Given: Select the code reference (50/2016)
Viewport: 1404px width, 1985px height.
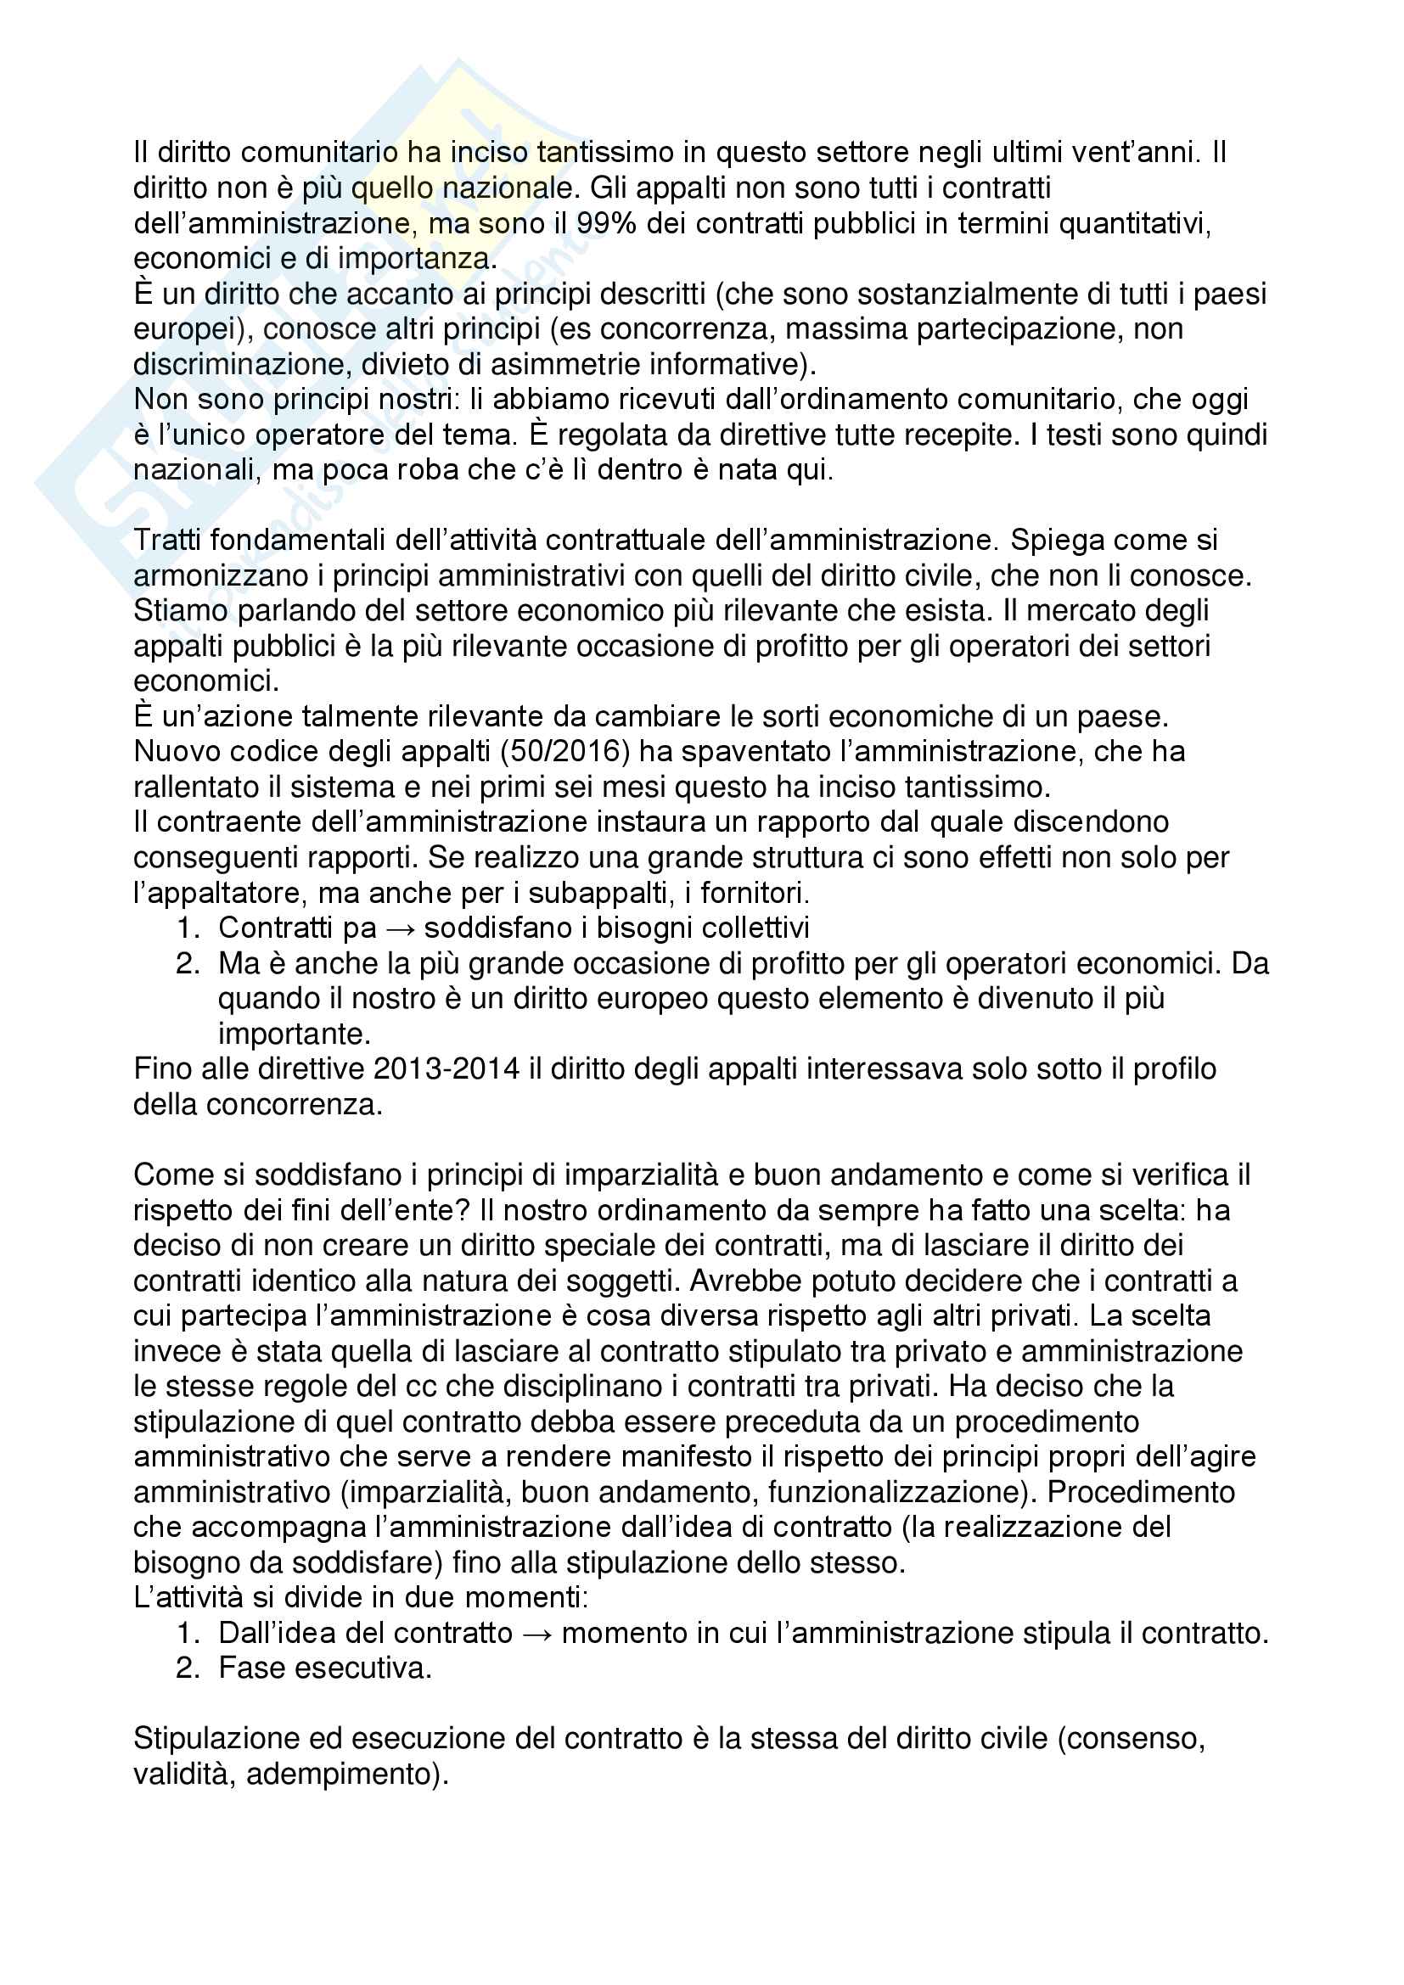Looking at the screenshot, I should pyautogui.click(x=564, y=751).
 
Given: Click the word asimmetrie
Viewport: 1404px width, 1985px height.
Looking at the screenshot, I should pyautogui.click(x=564, y=364).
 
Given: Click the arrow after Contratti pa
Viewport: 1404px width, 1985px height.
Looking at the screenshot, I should pyautogui.click(x=401, y=928).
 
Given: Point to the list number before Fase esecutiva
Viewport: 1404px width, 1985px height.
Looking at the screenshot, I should pyautogui.click(x=188, y=1668).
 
